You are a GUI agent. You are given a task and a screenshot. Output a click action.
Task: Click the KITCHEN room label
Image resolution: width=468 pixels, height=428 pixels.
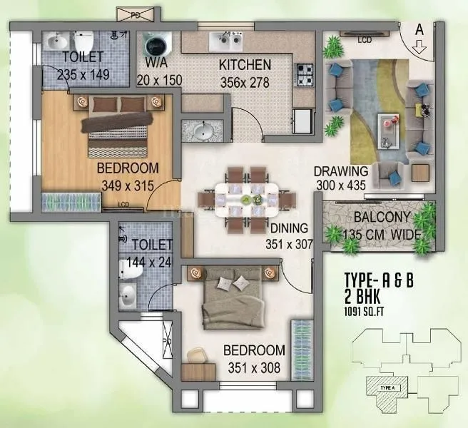coord(244,64)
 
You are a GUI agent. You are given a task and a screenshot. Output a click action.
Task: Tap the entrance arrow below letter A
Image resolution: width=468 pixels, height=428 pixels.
coord(419,49)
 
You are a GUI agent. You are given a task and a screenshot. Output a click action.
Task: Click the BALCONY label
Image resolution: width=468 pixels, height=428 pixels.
coord(382,218)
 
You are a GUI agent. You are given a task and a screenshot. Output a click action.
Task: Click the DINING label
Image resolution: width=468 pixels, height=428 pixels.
coord(288,228)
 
